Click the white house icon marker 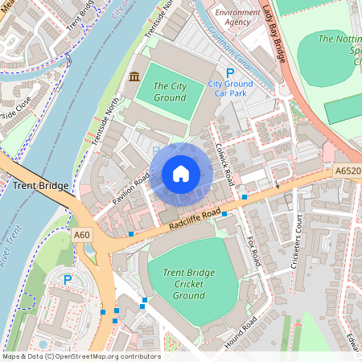click(181, 174)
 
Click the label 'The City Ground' click(170, 92)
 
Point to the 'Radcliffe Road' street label click(195, 219)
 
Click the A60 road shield click(82, 234)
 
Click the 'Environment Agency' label click(238, 19)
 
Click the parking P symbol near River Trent click(68, 280)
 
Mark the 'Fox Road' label click(253, 248)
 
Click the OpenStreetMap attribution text click(81, 356)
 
